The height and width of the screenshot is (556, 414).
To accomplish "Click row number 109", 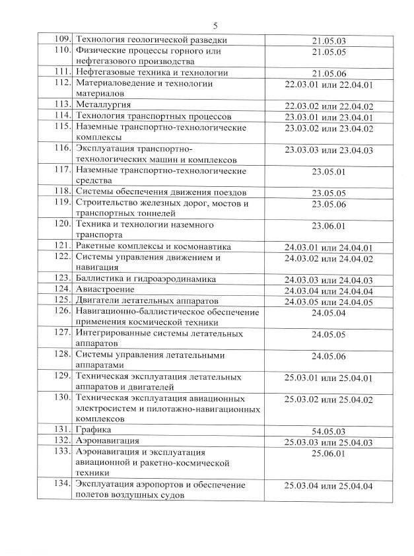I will click(x=62, y=40).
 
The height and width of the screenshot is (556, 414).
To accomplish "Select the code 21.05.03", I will click(x=329, y=41).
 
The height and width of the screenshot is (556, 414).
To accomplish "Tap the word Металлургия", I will click(x=103, y=105).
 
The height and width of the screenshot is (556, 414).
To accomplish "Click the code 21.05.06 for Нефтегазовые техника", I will click(x=329, y=73).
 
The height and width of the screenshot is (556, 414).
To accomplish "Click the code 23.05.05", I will click(x=329, y=193).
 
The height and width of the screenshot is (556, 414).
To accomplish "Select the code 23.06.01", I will click(x=329, y=226).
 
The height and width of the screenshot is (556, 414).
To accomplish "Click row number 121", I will click(x=62, y=246).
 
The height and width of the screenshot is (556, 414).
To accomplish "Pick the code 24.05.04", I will click(x=329, y=312).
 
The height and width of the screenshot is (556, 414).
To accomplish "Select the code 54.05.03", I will click(x=329, y=431).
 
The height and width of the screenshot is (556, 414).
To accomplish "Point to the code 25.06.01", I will click(x=329, y=454).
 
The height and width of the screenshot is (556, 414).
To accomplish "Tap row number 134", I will click(x=62, y=485).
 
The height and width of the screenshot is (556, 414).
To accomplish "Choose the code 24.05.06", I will click(x=329, y=357).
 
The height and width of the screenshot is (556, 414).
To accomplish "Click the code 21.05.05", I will click(x=329, y=52).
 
